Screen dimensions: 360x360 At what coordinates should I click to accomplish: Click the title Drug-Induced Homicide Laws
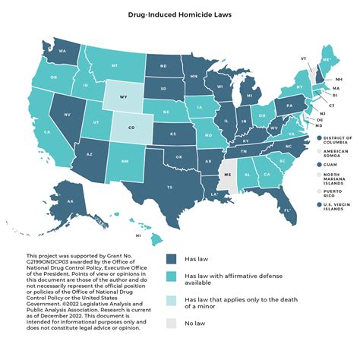[x=180, y=14]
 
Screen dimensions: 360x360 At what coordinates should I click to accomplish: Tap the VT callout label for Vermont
[x=303, y=58]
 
